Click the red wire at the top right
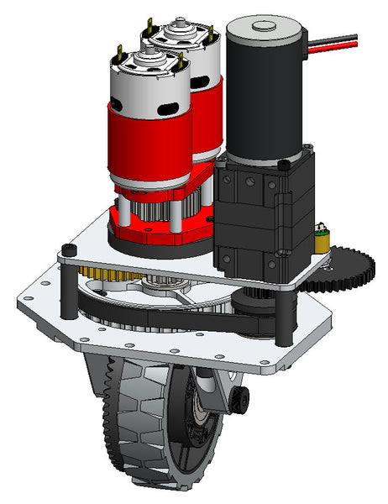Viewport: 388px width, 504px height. (x=336, y=50)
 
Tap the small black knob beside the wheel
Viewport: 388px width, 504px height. (x=242, y=398)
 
